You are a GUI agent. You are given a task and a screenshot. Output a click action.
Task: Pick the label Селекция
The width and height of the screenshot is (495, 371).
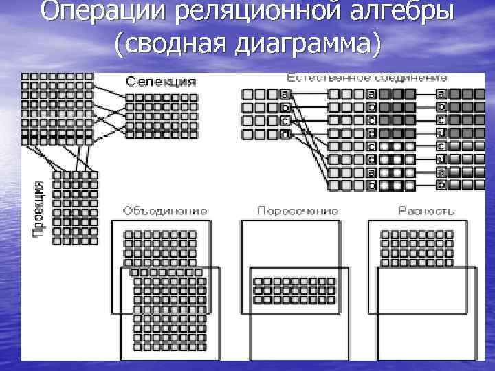click(160, 81)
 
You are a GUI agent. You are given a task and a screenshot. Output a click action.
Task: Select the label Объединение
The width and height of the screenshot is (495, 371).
click(164, 210)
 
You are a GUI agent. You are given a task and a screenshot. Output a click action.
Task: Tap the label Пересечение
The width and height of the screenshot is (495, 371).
click(298, 210)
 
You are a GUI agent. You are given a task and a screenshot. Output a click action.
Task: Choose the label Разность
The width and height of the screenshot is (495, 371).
click(426, 210)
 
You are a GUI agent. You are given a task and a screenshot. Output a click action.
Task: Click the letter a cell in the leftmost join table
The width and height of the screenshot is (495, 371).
click(284, 94)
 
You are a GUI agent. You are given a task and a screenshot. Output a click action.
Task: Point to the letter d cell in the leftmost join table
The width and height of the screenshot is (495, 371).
click(284, 133)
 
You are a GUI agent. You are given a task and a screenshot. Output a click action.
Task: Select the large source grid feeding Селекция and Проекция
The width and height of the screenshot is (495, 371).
click(57, 108)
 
